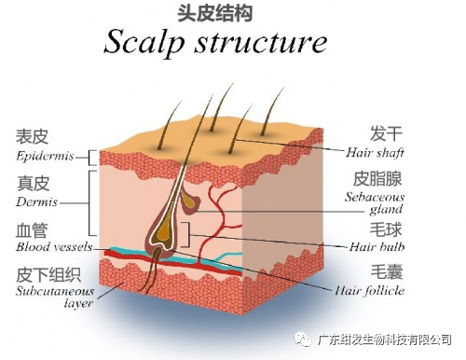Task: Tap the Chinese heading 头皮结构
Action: pyautogui.click(x=214, y=13)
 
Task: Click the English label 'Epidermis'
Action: pyautogui.click(x=45, y=156)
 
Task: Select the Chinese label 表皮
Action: pyautogui.click(x=33, y=137)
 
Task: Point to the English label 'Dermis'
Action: pyautogui.click(x=36, y=202)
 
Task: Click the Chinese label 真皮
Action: pyautogui.click(x=33, y=184)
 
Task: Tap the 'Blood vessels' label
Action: pyautogui.click(x=54, y=247)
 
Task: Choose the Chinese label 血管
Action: pyautogui.click(x=32, y=230)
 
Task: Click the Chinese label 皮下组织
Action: pyautogui.click(x=48, y=274)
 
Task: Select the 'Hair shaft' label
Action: pyautogui.click(x=375, y=153)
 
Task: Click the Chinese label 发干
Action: pyautogui.click(x=386, y=133)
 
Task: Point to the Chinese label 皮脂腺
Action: pyautogui.click(x=377, y=179)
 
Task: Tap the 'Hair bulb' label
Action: pyautogui.click(x=377, y=247)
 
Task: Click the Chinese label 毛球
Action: pyautogui.click(x=386, y=229)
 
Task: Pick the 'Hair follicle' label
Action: pyautogui.click(x=370, y=291)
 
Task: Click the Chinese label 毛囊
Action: pyautogui.click(x=387, y=272)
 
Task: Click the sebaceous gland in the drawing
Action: pyautogui.click(x=190, y=201)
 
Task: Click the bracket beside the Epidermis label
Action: pyautogui.click(x=89, y=158)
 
